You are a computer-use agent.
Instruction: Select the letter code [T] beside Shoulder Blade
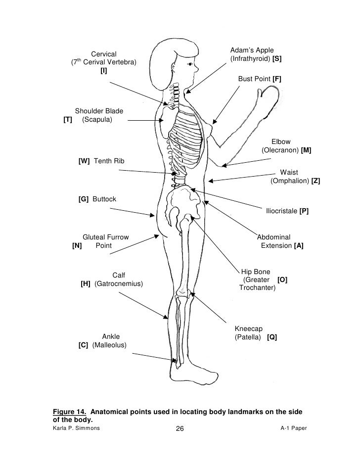[x=68, y=120]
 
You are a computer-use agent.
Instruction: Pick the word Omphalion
[x=290, y=181]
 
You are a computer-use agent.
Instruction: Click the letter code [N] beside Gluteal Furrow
[x=77, y=246]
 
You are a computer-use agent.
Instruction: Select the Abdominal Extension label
[x=275, y=241]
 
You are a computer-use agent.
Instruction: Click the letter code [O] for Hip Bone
[x=282, y=280]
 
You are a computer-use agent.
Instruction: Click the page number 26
[x=179, y=429]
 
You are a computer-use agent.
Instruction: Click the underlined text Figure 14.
[x=71, y=412]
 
